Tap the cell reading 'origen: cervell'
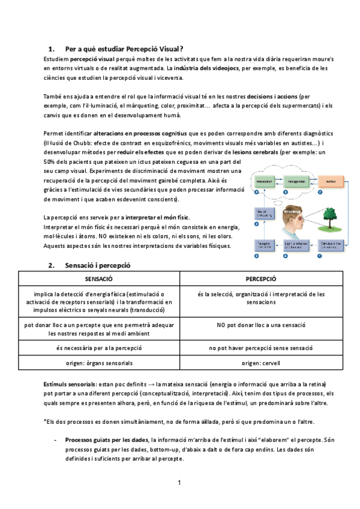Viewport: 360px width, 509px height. (x=261, y=363)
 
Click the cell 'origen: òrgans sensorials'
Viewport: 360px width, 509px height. (x=100, y=363)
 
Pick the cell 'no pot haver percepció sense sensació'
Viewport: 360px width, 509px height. (x=261, y=348)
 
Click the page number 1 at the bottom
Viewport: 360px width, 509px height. (x=179, y=483)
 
